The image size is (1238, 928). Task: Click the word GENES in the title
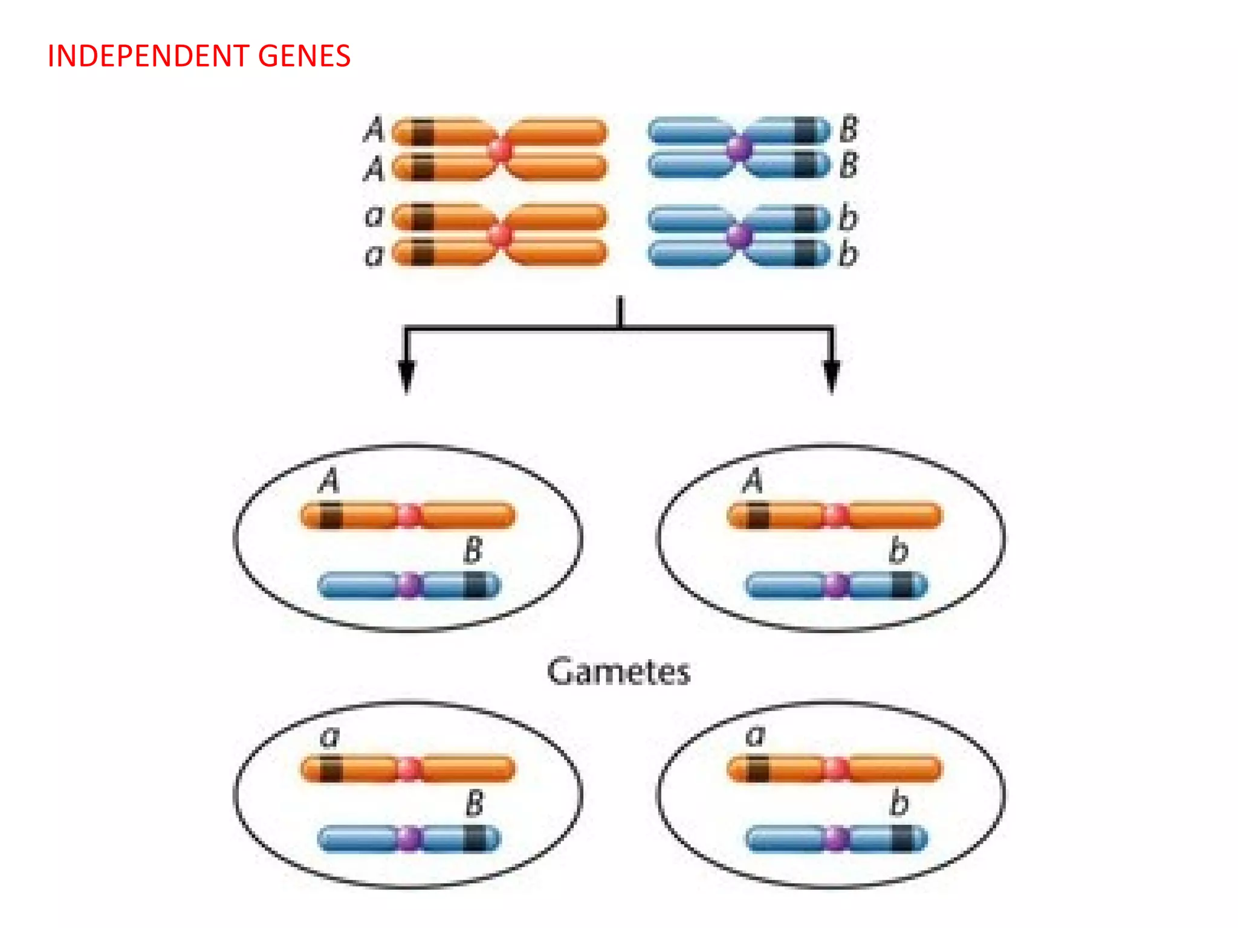304,56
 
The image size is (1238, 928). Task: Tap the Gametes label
618,672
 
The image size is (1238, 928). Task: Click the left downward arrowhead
407,375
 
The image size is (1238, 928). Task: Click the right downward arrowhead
832,375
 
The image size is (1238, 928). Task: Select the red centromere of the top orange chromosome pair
501,149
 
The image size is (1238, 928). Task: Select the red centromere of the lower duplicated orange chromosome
501,236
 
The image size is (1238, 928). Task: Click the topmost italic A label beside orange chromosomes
374,129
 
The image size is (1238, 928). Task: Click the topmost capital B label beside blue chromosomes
849,129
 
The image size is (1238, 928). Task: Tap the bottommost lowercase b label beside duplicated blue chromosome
848,254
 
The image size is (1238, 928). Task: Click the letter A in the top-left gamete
329,482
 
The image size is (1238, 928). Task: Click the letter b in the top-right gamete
898,550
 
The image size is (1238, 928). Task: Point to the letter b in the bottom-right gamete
899,804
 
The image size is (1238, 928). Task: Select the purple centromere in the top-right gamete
836,585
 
